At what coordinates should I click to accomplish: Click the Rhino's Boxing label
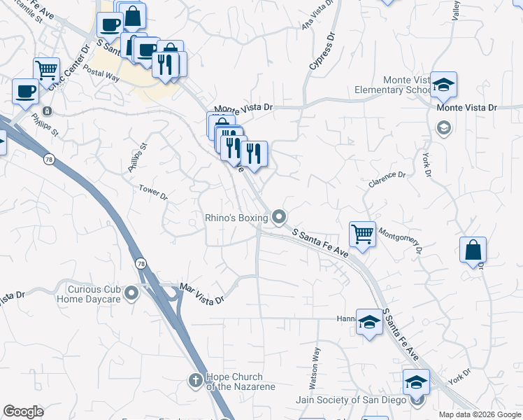tap(236, 218)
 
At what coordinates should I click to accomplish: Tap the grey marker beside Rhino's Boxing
tap(280, 218)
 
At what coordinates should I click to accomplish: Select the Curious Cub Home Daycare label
tap(94, 293)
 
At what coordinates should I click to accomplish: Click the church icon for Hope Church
tap(195, 380)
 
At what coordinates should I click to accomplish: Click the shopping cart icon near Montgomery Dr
tap(362, 233)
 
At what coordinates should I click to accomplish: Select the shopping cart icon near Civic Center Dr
tap(46, 69)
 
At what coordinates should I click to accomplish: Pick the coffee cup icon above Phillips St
tap(25, 90)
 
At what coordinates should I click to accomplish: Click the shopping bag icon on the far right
tap(473, 248)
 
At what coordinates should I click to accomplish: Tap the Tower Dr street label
tap(153, 192)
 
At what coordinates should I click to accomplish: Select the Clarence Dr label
tap(387, 179)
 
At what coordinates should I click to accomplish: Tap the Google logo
tap(23, 412)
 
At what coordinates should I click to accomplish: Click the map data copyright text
tap(480, 414)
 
